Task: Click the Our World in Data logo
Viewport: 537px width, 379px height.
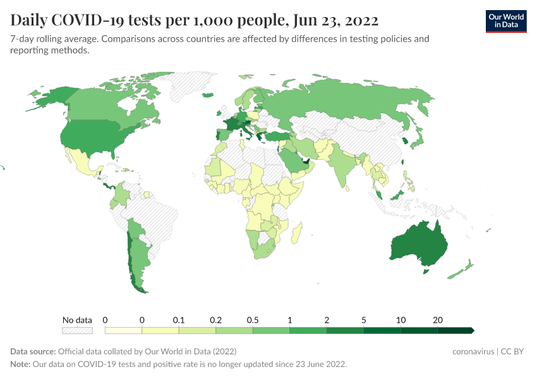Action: [506, 21]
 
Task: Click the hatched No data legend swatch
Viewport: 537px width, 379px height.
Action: [77, 330]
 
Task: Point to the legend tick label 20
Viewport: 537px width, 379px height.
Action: [437, 320]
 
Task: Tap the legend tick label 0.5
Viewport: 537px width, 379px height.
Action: [253, 320]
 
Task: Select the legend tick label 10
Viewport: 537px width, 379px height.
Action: [401, 320]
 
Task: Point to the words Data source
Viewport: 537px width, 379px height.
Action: [32, 351]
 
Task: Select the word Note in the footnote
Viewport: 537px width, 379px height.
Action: [20, 364]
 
